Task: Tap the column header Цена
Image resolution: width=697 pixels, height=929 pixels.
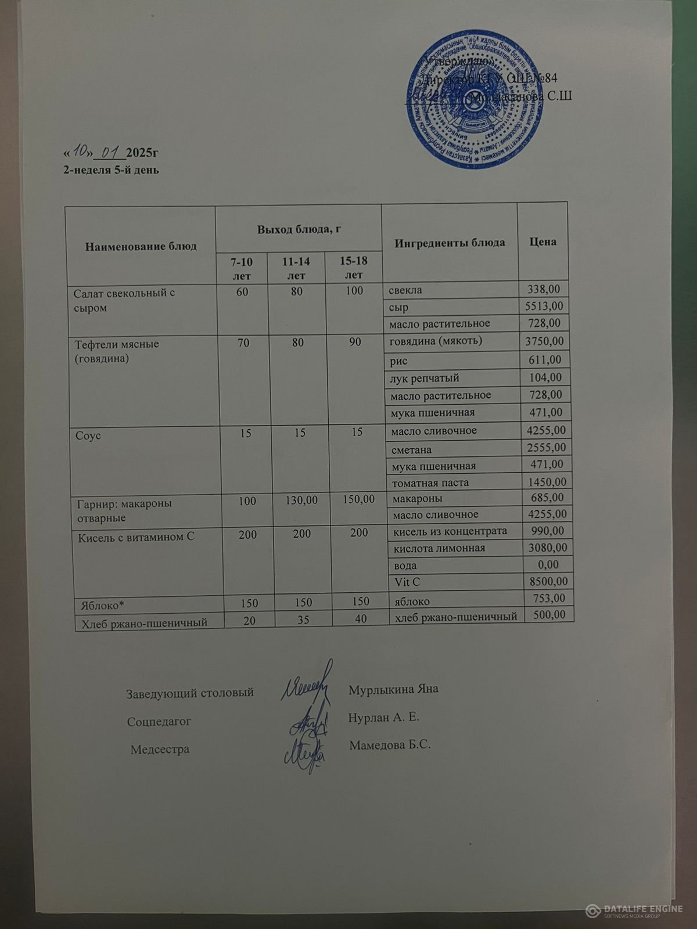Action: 543,242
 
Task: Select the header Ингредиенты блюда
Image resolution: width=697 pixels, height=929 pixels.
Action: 450,243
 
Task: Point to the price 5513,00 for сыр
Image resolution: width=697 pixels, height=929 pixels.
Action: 544,306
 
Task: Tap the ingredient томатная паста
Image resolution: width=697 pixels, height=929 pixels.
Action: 430,482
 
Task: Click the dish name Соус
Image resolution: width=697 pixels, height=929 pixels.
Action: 88,435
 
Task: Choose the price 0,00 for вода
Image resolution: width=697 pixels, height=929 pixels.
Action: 548,564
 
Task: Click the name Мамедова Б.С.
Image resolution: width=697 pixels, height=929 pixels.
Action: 390,745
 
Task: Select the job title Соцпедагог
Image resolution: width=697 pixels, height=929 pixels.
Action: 159,722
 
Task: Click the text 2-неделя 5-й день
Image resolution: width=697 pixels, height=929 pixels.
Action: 111,170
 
